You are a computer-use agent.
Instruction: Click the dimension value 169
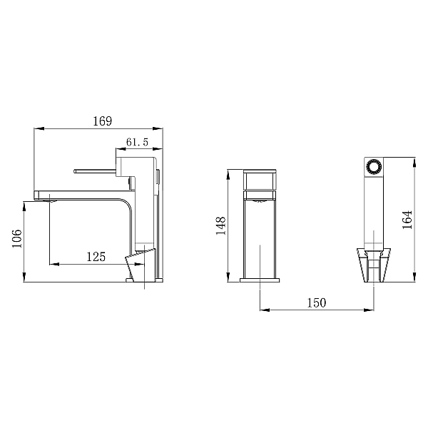tap(102, 121)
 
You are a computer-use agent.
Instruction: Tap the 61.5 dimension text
tap(137, 142)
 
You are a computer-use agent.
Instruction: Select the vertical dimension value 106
tap(17, 238)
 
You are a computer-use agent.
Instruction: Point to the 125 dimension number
tap(96, 257)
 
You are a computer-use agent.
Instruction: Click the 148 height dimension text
tap(220, 225)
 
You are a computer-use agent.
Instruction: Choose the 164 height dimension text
tap(407, 220)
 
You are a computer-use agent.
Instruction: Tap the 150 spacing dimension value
tap(317, 302)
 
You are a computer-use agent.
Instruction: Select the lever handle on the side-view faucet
tap(95, 171)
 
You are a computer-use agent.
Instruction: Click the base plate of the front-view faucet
tap(260, 280)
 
